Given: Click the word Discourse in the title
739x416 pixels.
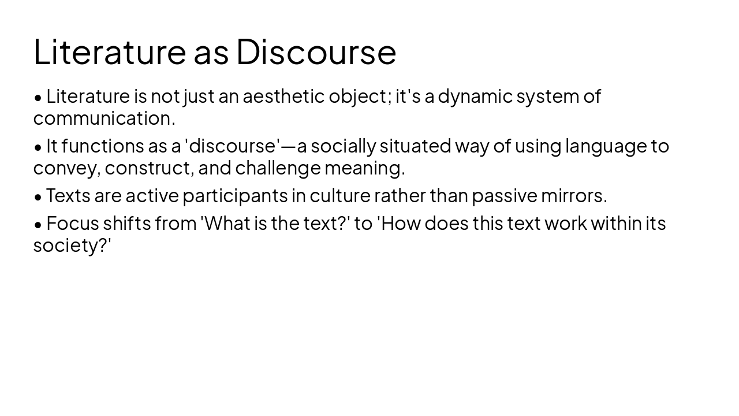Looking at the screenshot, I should tap(316, 51).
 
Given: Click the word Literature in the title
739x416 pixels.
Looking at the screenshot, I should tap(110, 51).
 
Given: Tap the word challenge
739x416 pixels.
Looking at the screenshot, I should tap(278, 168).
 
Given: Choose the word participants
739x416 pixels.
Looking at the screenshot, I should tap(236, 196).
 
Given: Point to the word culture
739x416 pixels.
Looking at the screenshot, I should tap(339, 196).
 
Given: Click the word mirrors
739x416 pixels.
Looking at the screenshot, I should tap(573, 196).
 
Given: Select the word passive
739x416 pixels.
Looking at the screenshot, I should tap(504, 196).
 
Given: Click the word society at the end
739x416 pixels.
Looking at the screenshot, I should tap(68, 246).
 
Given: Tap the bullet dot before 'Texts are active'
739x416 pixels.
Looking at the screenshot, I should tap(38, 197).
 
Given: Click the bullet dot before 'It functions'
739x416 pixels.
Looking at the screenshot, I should tap(38, 147).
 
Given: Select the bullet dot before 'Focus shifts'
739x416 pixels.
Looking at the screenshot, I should tap(38, 224).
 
